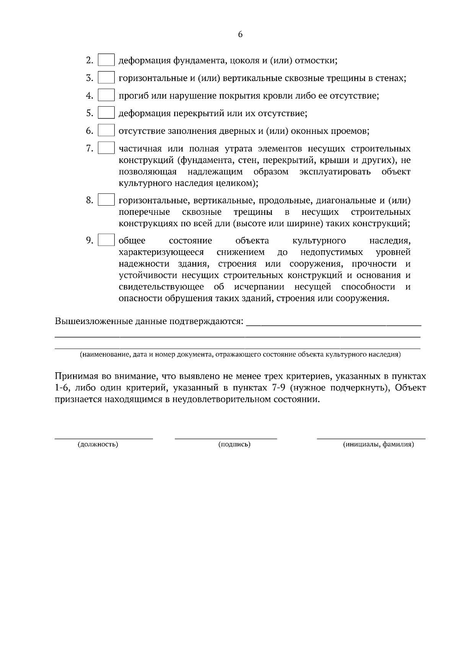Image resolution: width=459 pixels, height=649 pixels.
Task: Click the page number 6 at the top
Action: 240,34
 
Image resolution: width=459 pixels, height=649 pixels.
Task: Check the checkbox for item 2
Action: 106,60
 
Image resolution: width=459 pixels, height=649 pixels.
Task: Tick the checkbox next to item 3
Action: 106,78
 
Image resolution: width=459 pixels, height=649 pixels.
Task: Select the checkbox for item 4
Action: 106,96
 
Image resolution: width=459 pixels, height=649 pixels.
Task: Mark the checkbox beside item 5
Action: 106,113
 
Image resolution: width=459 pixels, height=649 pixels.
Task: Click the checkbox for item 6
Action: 106,131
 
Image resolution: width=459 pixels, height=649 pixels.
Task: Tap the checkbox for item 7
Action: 106,148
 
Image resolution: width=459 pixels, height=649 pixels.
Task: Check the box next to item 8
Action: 106,200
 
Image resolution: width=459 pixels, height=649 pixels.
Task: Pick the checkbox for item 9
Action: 106,240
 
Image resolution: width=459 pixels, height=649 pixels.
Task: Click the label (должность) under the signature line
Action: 98,445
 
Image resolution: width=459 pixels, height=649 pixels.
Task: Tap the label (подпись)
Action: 234,445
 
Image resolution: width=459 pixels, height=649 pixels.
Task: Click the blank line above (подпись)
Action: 226,438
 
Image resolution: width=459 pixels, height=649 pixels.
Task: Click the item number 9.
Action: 89,240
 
